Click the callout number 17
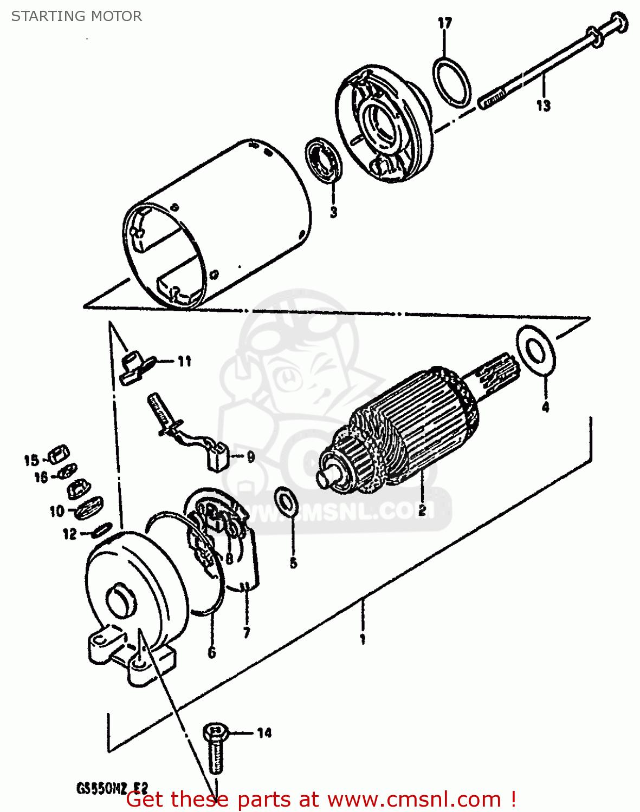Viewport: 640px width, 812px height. coord(444,23)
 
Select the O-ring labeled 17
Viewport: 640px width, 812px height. coord(452,81)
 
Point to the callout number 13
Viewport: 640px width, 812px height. coord(543,106)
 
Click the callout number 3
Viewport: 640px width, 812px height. coord(333,212)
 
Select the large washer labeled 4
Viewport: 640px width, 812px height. coord(536,352)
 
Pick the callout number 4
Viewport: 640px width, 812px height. coord(545,407)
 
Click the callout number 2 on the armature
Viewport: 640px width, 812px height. coord(422,509)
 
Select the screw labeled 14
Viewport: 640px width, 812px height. coord(216,750)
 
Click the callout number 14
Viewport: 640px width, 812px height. coord(264,733)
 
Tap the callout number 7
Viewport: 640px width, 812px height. coord(247,632)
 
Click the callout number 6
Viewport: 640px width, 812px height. coord(212,652)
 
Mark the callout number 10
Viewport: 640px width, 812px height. coord(57,511)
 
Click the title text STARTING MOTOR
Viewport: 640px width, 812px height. coord(76,16)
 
